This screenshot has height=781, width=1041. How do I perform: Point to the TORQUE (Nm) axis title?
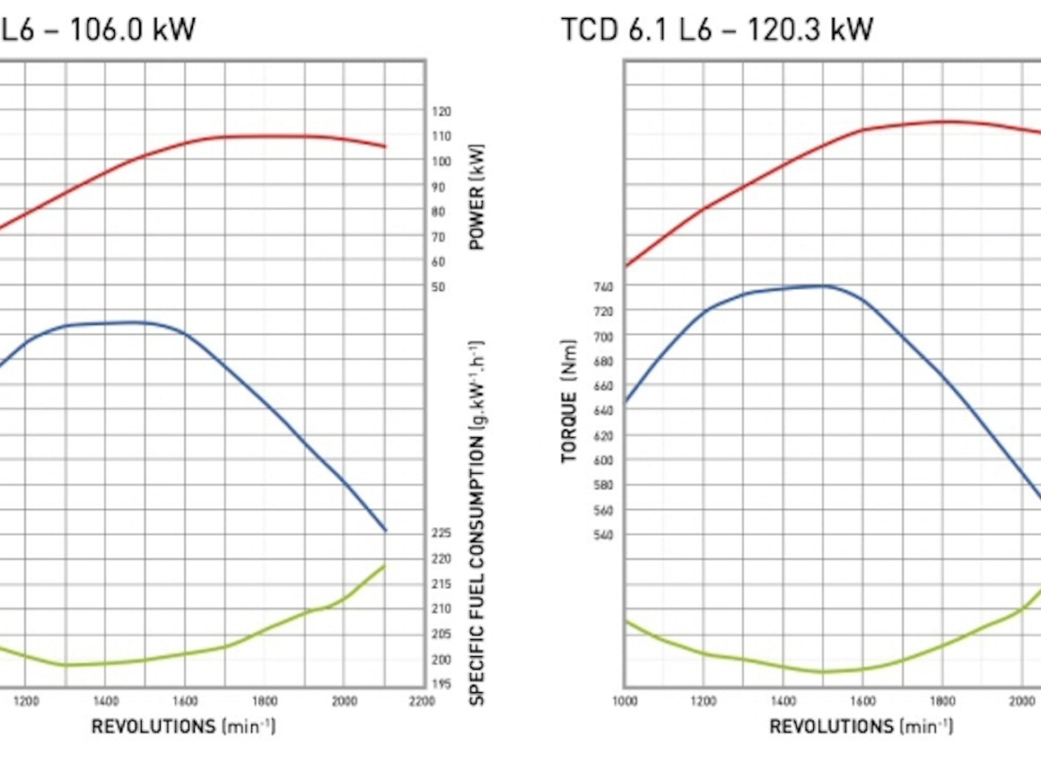569,401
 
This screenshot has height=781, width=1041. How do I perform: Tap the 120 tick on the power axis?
442,111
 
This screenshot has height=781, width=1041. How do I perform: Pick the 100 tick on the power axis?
442,162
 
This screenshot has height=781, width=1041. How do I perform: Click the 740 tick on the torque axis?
602,286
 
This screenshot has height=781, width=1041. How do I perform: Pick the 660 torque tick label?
602,386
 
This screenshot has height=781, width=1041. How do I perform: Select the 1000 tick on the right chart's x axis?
625,700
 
